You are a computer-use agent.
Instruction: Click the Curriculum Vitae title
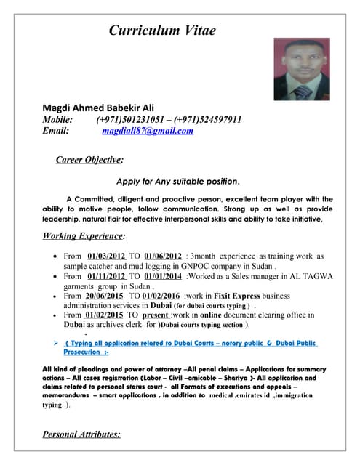pos(162,30)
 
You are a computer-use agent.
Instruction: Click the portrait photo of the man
pos(301,69)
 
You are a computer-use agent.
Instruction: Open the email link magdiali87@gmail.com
pos(148,131)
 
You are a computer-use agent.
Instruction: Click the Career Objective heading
pos(89,159)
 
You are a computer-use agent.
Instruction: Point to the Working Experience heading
pos(84,235)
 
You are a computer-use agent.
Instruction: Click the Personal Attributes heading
pos(81,434)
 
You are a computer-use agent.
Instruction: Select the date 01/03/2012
pos(107,256)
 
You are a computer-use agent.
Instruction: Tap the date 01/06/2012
pos(164,256)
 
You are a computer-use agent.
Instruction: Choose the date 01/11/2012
pos(107,276)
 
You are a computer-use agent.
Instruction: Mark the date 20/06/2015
pos(104,296)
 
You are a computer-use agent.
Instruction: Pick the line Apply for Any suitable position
pos(178,181)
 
